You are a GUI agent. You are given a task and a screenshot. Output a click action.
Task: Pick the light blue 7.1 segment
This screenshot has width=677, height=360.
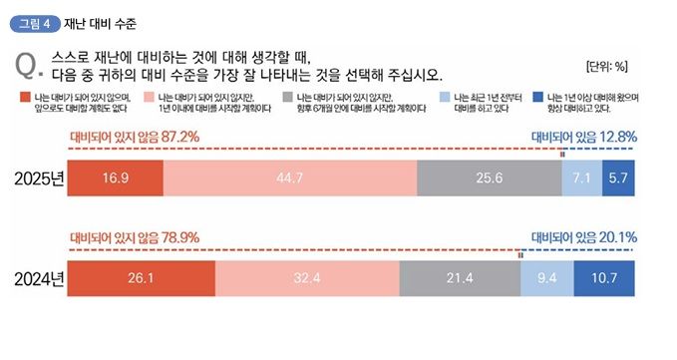click(581, 178)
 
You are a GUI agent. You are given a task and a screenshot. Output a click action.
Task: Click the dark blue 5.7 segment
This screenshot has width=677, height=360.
click(618, 178)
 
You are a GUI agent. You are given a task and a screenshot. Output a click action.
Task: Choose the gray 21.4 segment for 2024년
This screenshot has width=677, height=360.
click(459, 278)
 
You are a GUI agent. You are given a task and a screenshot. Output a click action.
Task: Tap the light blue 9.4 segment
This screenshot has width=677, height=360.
click(547, 278)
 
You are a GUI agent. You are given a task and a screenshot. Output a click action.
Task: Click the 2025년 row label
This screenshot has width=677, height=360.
click(39, 179)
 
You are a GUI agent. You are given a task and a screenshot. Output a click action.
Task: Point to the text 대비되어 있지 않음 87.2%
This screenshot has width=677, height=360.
click(135, 136)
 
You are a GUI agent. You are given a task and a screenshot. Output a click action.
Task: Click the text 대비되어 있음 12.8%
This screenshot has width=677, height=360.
click(583, 136)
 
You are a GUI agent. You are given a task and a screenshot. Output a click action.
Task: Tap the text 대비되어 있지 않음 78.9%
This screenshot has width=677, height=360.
click(135, 237)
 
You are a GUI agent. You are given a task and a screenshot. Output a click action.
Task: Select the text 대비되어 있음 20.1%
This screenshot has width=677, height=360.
click(583, 237)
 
